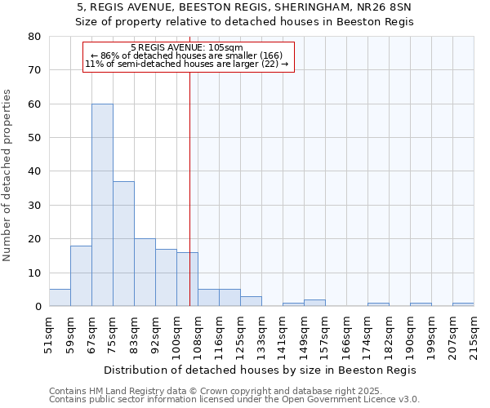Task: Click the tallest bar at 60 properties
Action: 102,205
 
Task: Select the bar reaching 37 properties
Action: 123,243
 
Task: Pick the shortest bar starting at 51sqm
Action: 60,298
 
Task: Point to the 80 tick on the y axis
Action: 34,37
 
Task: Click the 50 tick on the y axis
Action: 34,138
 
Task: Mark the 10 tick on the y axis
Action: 34,273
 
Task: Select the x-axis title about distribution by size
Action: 261,370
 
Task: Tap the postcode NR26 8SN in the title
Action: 387,7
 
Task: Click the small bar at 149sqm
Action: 314,303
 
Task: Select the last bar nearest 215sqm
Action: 463,304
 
